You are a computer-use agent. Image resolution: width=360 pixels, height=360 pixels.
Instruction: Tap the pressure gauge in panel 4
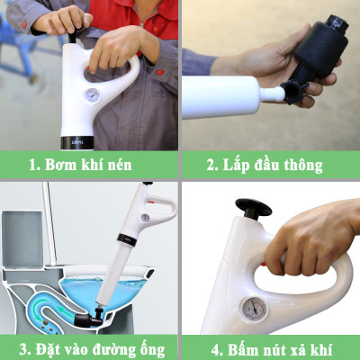[256, 308]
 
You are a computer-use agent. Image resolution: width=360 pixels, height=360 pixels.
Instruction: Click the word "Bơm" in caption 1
[55, 165]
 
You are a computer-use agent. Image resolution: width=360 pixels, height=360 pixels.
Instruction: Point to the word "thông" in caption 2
[301, 165]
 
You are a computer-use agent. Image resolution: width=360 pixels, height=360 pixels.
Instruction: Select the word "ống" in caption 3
[149, 346]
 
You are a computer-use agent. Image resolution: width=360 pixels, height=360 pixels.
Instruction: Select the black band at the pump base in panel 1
[80, 142]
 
